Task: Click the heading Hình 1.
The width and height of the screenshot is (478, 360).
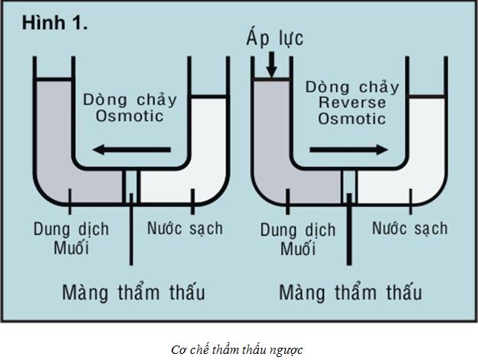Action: point(55,23)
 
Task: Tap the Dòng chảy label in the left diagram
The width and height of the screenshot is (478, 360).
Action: point(131,100)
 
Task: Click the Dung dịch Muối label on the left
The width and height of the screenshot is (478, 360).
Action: point(72,238)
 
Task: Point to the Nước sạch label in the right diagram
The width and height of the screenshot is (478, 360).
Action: point(410,227)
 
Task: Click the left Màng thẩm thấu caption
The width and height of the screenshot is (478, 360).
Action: point(134,293)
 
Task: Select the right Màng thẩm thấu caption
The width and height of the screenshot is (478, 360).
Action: point(351,293)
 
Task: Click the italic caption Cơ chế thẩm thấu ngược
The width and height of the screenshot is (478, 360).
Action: point(238,349)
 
